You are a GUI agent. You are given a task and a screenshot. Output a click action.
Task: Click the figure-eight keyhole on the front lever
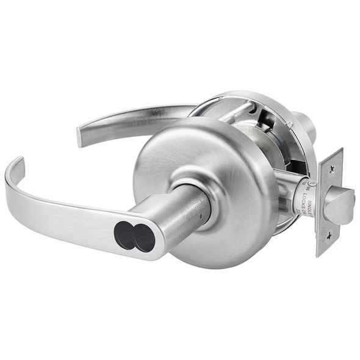(135, 237)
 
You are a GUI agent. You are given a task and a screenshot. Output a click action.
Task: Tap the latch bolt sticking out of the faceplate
(340, 204)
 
